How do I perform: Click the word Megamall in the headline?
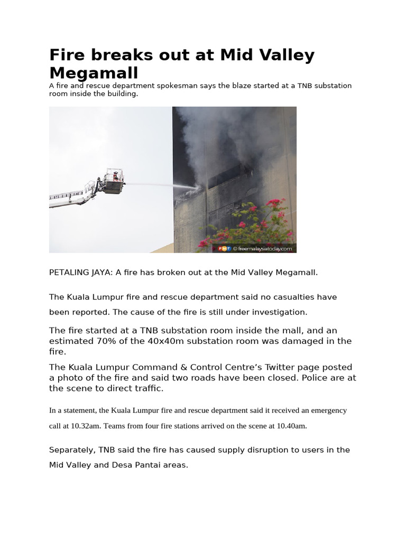click(94, 73)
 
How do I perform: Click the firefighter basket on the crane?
click(113, 182)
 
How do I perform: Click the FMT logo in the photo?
click(224, 248)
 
